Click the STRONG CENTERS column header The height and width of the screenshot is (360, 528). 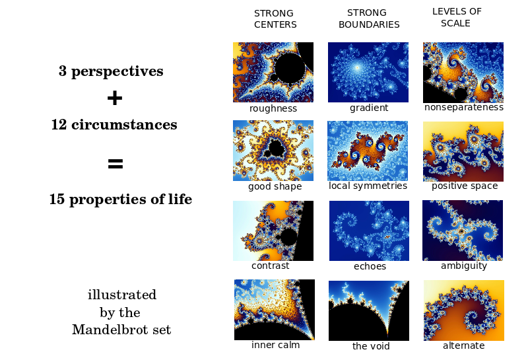click(275, 19)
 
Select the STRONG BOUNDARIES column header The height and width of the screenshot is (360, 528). click(369, 18)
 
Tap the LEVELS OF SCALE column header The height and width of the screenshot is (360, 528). click(457, 17)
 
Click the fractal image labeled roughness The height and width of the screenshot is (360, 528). click(273, 72)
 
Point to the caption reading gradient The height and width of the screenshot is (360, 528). click(369, 108)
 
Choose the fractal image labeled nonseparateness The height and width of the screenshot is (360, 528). click(463, 73)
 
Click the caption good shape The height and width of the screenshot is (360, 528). click(275, 186)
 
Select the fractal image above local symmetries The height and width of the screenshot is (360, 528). click(368, 151)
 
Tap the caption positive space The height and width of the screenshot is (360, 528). click(465, 186)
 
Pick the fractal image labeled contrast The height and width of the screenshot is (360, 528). click(273, 231)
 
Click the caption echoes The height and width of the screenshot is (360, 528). click(370, 266)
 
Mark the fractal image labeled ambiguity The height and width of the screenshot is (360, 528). click(463, 231)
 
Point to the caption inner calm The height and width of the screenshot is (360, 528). click(275, 345)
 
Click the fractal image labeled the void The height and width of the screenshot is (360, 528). click(369, 310)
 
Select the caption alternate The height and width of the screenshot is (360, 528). click(464, 345)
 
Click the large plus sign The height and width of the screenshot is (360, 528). click(115, 98)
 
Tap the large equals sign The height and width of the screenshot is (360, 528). click(115, 164)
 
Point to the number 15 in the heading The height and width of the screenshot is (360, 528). click(57, 199)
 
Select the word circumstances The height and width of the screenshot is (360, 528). click(124, 125)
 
